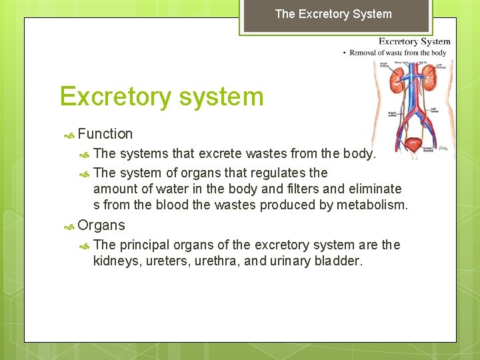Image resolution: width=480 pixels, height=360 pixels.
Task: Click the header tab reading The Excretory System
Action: (x=333, y=14)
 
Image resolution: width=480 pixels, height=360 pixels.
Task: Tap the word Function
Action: (x=105, y=134)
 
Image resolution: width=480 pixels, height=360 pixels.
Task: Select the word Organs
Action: (x=101, y=225)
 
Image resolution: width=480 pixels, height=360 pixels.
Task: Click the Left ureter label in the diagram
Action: (x=434, y=111)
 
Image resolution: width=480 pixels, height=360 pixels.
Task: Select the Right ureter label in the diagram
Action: (x=385, y=115)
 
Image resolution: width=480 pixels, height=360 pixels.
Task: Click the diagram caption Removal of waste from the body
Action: (x=398, y=53)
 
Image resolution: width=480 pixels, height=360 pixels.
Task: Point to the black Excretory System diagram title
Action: (x=415, y=41)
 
